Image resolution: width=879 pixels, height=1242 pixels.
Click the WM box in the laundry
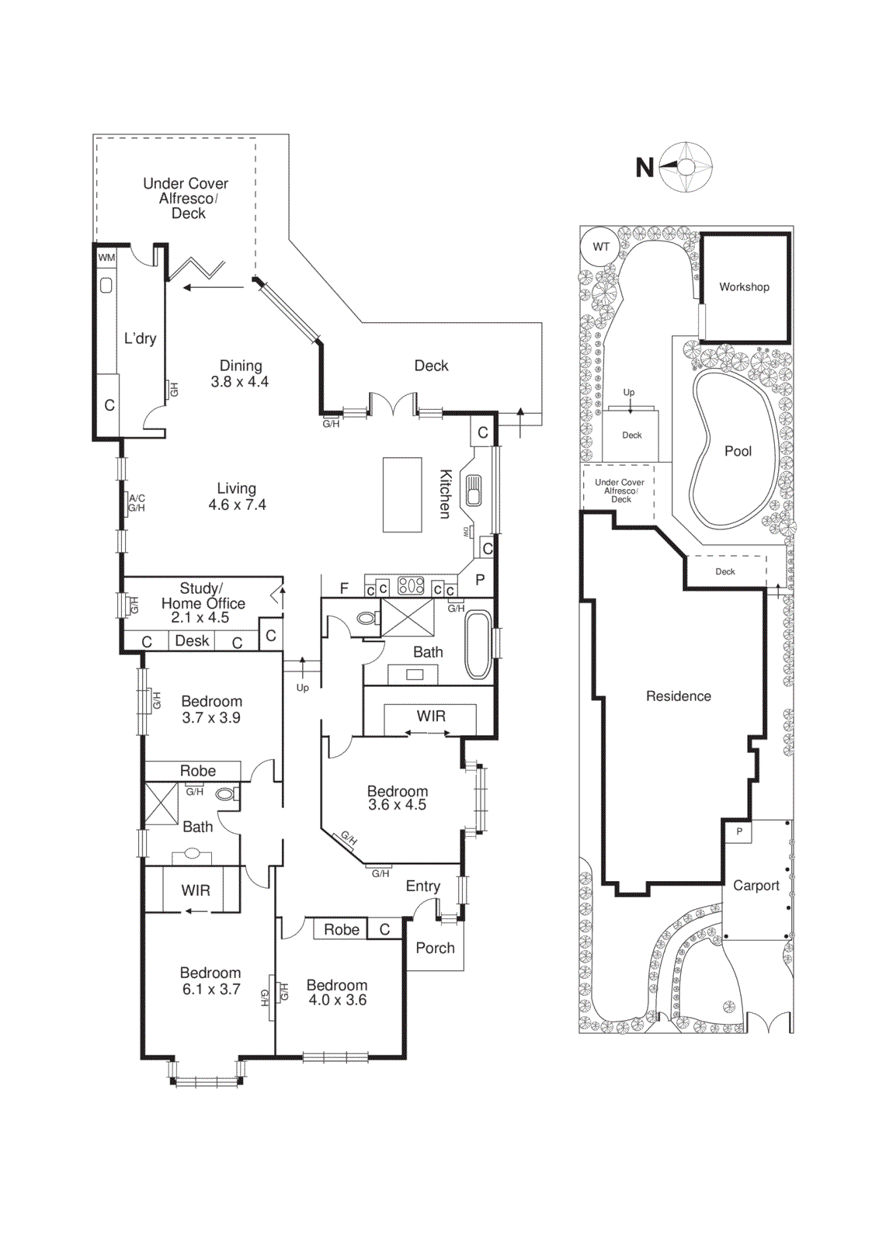tap(106, 257)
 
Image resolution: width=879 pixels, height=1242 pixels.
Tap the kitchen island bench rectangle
tap(402, 494)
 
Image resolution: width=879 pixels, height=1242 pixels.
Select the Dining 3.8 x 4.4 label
tap(240, 373)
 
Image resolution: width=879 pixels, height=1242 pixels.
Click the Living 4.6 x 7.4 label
tap(237, 497)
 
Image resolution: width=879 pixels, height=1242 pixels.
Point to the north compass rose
tap(686, 167)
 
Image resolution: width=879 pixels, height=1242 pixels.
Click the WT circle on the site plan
tap(601, 247)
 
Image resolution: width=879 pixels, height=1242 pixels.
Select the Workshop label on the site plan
tap(744, 287)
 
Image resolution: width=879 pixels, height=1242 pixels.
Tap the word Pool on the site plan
tap(738, 451)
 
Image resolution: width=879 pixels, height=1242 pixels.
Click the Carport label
tap(756, 886)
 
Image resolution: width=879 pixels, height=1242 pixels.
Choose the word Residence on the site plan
tap(678, 696)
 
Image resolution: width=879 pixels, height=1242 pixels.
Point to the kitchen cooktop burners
tap(411, 586)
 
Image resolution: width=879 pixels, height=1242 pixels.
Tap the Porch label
tap(435, 948)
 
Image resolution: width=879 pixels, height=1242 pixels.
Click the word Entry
tap(422, 886)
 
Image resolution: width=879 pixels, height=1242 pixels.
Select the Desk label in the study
tap(192, 641)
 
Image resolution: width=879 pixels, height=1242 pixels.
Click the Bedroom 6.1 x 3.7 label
tap(210, 981)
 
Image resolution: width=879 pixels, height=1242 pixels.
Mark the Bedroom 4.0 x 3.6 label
tap(337, 993)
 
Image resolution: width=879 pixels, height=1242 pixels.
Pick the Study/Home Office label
tap(202, 603)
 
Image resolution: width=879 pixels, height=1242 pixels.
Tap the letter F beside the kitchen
tap(344, 588)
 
